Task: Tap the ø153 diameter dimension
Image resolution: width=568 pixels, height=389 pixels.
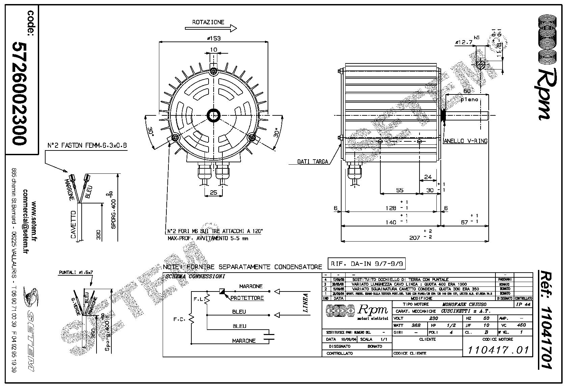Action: coord(213,38)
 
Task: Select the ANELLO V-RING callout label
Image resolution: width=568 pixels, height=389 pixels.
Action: coord(465,141)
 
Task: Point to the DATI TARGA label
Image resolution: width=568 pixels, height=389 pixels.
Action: coord(313,162)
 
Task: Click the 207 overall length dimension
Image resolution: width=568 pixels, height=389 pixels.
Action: coord(414,238)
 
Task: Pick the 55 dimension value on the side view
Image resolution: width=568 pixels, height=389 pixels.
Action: coord(399,190)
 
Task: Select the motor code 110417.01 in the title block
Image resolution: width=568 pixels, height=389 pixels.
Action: coord(497,350)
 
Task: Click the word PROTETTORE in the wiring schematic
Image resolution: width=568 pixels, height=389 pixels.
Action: coord(247,298)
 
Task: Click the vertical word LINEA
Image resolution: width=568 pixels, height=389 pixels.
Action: coord(305,303)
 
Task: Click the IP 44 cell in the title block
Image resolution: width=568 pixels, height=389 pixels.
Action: coord(523,304)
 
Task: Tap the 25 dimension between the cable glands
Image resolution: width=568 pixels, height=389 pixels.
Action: coord(213,192)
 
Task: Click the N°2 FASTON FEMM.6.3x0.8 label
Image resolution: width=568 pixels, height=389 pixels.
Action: coord(87,146)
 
